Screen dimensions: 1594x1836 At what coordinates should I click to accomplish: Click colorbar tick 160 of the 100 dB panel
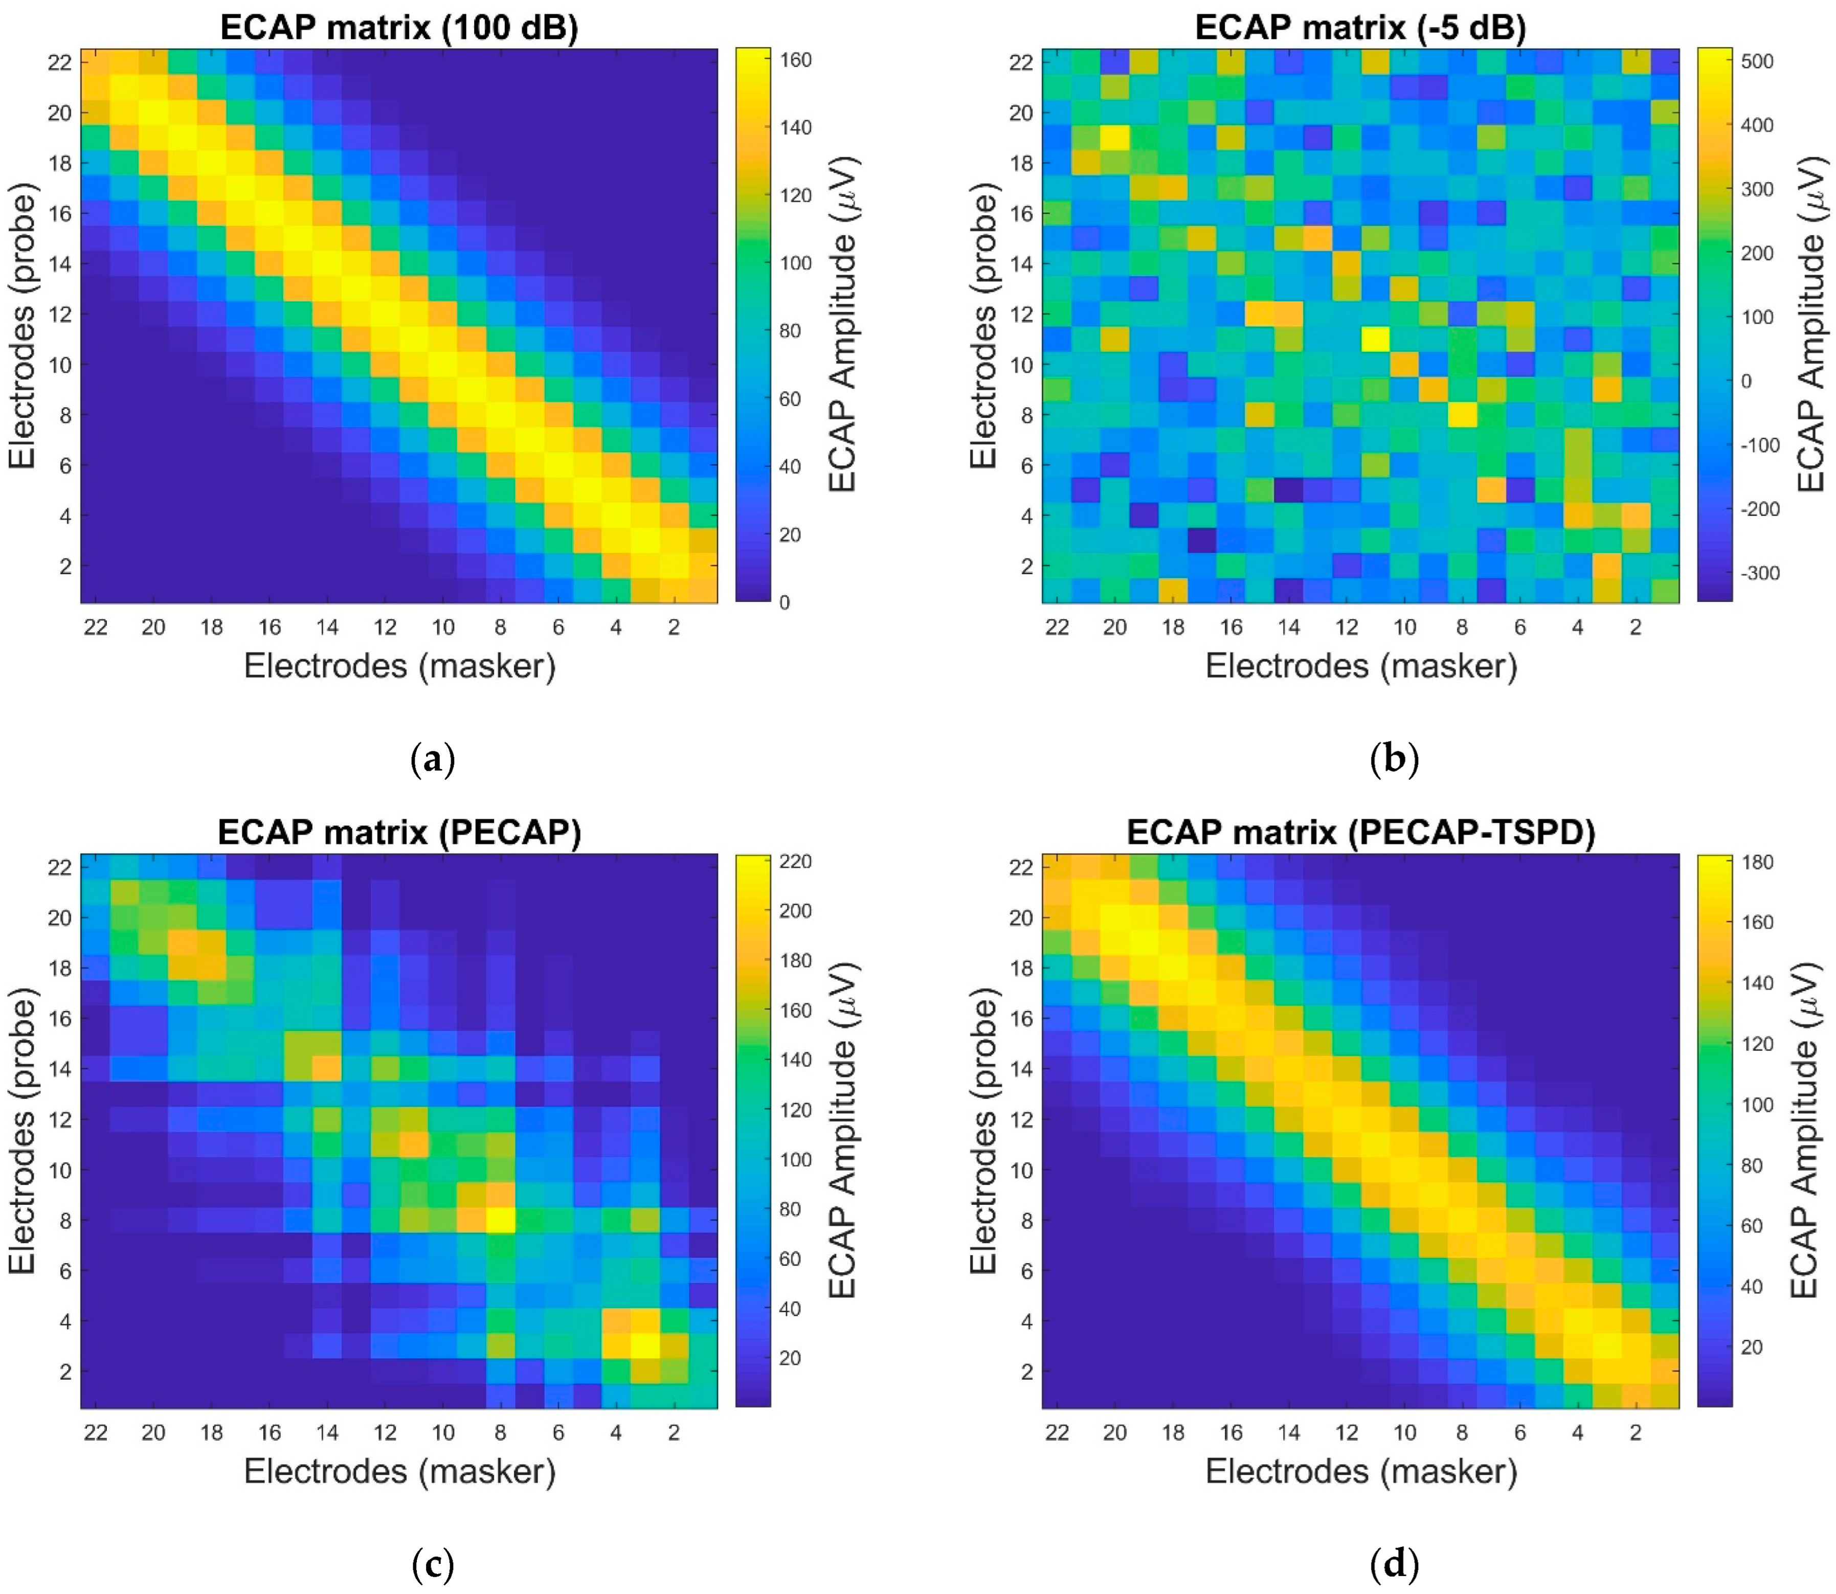pyautogui.click(x=796, y=60)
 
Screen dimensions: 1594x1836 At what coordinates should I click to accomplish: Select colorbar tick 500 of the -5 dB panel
pyautogui.click(x=1757, y=61)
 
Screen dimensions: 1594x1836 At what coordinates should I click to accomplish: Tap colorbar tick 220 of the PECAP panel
pyautogui.click(x=796, y=861)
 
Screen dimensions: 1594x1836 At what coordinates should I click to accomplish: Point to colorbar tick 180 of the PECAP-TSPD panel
pyautogui.click(x=1757, y=862)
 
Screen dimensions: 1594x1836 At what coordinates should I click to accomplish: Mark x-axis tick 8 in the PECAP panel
pyautogui.click(x=501, y=1432)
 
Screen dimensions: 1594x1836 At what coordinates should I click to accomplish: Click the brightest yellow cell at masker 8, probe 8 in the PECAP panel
pyautogui.click(x=501, y=1220)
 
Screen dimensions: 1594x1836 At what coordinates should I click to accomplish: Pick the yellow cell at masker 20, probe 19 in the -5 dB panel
pyautogui.click(x=1114, y=138)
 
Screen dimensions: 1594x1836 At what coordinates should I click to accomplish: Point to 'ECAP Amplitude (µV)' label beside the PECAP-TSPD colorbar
pyautogui.click(x=1806, y=1130)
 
